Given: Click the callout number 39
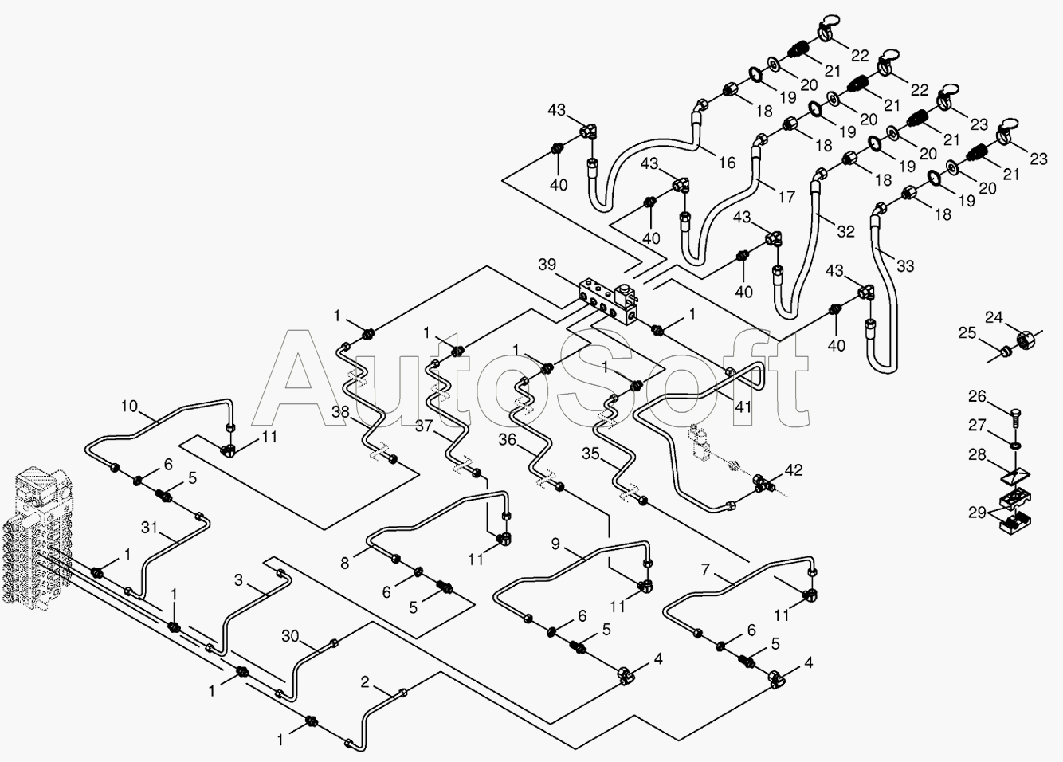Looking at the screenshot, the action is click(x=547, y=265).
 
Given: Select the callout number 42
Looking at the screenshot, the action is click(x=794, y=469).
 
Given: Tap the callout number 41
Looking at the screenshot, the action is click(x=743, y=407).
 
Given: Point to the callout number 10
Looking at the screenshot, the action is click(x=128, y=406).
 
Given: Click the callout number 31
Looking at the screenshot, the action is click(x=150, y=528).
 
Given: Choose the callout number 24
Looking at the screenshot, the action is click(x=994, y=316).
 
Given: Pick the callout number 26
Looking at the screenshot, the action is click(x=977, y=396).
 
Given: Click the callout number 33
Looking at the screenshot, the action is click(x=905, y=266).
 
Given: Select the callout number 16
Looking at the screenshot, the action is click(x=727, y=163).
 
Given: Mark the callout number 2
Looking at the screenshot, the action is click(x=364, y=682).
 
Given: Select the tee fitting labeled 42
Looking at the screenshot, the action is click(x=762, y=486).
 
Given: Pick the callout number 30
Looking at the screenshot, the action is click(x=290, y=636).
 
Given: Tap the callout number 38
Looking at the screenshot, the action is click(x=341, y=411).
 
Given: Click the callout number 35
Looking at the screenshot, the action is click(x=590, y=454).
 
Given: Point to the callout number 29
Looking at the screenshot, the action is click(x=977, y=513).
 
